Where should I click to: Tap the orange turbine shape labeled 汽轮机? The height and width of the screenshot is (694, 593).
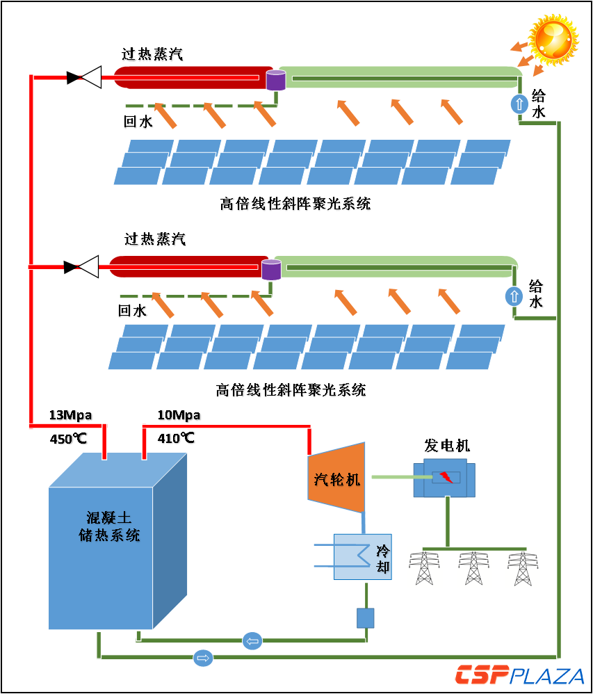pyautogui.click(x=336, y=478)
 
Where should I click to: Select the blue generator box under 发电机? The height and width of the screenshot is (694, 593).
pyautogui.click(x=445, y=478)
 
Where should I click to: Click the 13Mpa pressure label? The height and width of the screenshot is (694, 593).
pyautogui.click(x=70, y=415)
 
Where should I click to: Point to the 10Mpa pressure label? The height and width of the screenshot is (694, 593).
pyautogui.click(x=179, y=415)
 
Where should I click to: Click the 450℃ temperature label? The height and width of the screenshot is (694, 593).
pyautogui.click(x=68, y=439)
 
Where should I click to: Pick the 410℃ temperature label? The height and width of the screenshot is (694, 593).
pyautogui.click(x=176, y=438)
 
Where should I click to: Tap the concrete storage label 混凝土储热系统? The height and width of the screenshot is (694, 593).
pyautogui.click(x=108, y=526)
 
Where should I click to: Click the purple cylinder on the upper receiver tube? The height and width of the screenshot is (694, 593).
pyautogui.click(x=276, y=80)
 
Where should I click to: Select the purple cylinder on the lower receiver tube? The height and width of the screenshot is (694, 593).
pyautogui.click(x=271, y=269)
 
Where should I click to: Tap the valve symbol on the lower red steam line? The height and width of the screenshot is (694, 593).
pyautogui.click(x=82, y=267)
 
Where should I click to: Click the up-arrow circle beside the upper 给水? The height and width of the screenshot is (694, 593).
pyautogui.click(x=519, y=104)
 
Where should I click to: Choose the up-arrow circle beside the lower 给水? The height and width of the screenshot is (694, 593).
pyautogui.click(x=514, y=296)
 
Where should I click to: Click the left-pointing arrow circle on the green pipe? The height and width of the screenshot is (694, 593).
pyautogui.click(x=252, y=641)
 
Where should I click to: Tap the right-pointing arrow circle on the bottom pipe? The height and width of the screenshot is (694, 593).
pyautogui.click(x=203, y=657)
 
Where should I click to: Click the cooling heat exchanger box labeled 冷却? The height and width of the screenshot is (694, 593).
pyautogui.click(x=362, y=556)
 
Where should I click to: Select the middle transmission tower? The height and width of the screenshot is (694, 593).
pyautogui.click(x=473, y=567)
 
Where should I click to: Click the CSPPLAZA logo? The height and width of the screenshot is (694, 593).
pyautogui.click(x=519, y=675)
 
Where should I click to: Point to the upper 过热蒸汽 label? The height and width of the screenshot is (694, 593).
pyautogui.click(x=152, y=54)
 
